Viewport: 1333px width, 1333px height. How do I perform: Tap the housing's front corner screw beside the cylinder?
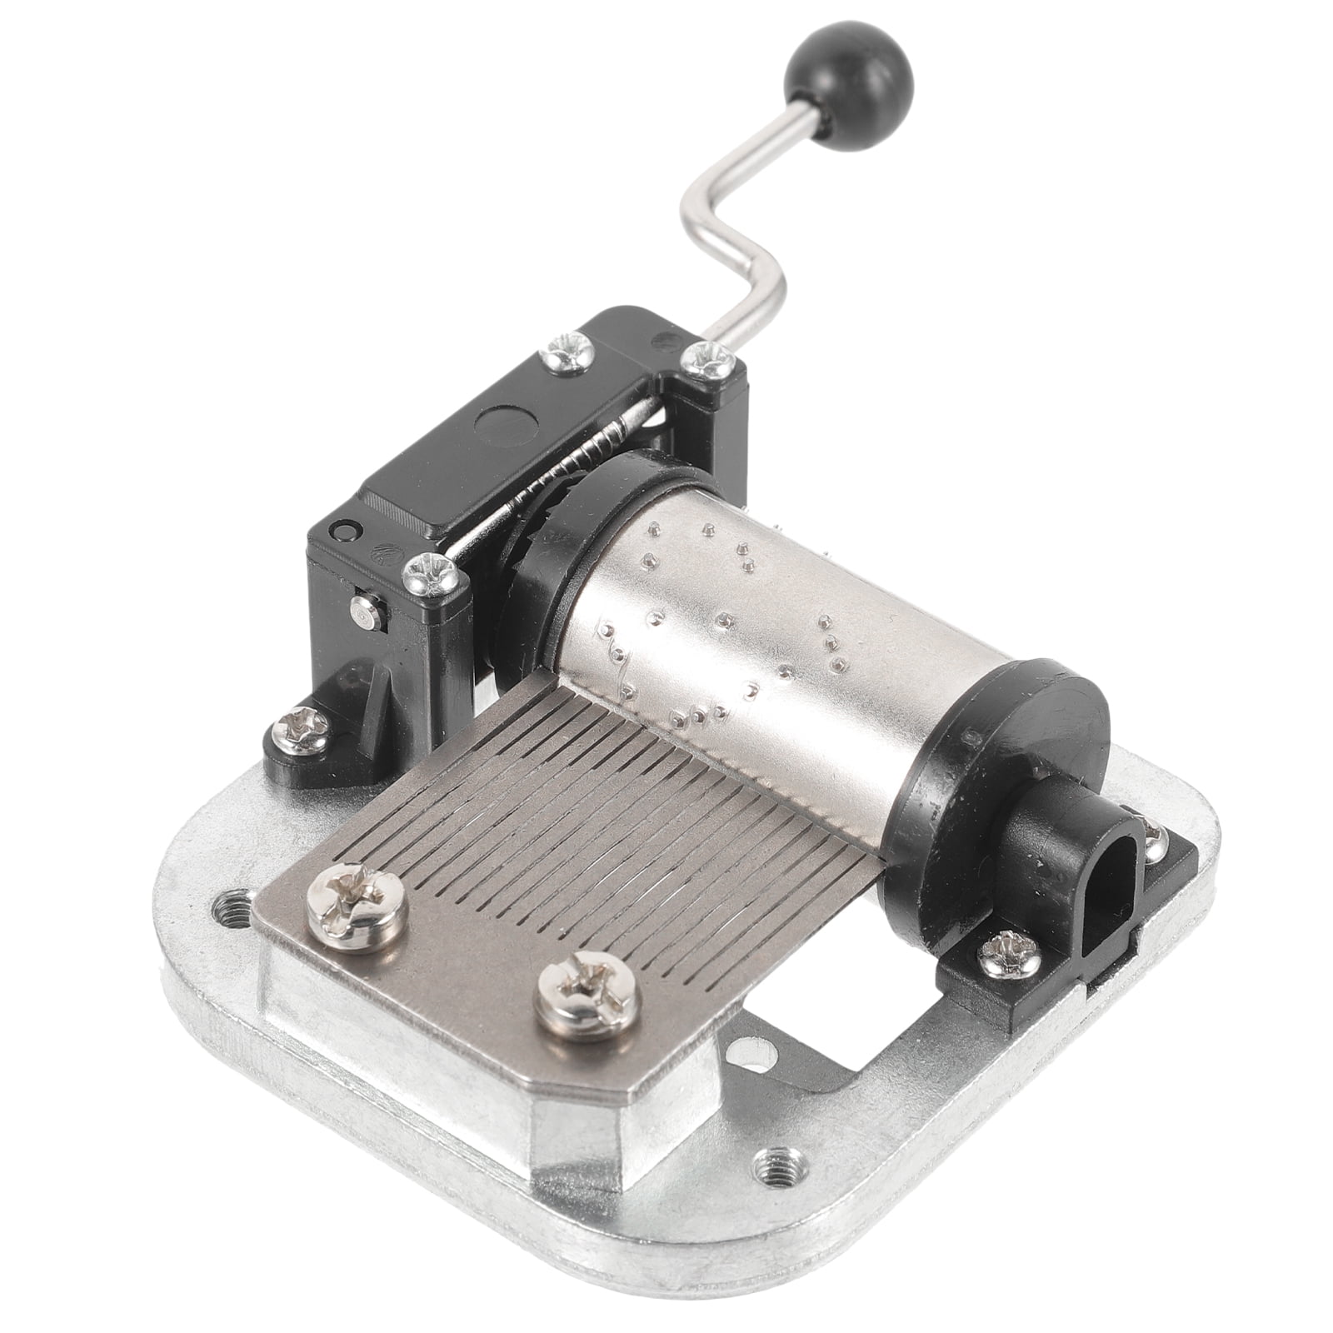[428, 575]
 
